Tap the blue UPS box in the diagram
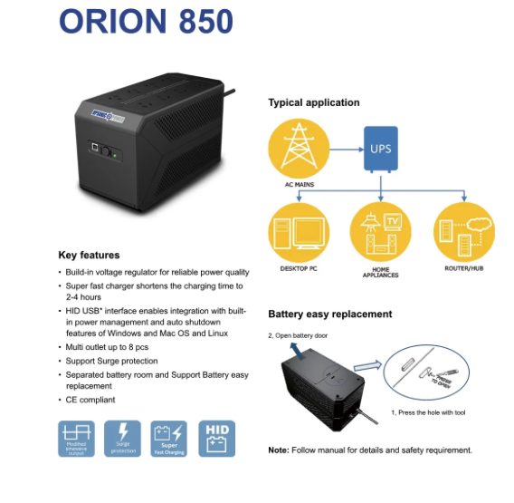pyautogui.click(x=380, y=145)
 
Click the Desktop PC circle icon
pyautogui.click(x=300, y=232)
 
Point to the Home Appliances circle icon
pyautogui.click(x=381, y=232)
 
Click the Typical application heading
pyautogui.click(x=314, y=102)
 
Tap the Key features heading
pyautogui.click(x=89, y=255)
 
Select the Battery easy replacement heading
pyautogui.click(x=330, y=314)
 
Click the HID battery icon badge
pyautogui.click(x=217, y=437)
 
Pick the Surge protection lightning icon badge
pyautogui.click(x=123, y=437)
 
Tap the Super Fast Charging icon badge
pyautogui.click(x=170, y=437)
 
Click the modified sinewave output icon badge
pyautogui.click(x=77, y=437)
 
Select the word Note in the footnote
pyautogui.click(x=278, y=450)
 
